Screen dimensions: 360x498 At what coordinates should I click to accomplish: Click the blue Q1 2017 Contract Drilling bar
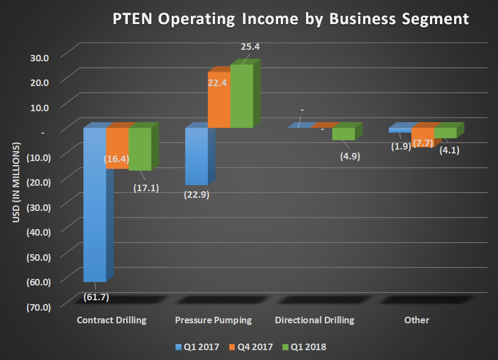click(94, 219)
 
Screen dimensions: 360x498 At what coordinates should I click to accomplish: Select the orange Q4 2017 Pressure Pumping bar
click(218, 107)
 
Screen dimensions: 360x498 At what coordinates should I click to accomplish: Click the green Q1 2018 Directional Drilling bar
click(343, 134)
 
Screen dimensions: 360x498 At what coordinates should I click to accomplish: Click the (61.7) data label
click(97, 297)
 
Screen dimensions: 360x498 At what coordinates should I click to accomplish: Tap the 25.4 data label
click(250, 47)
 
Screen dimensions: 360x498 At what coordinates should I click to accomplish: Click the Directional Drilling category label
click(314, 320)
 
